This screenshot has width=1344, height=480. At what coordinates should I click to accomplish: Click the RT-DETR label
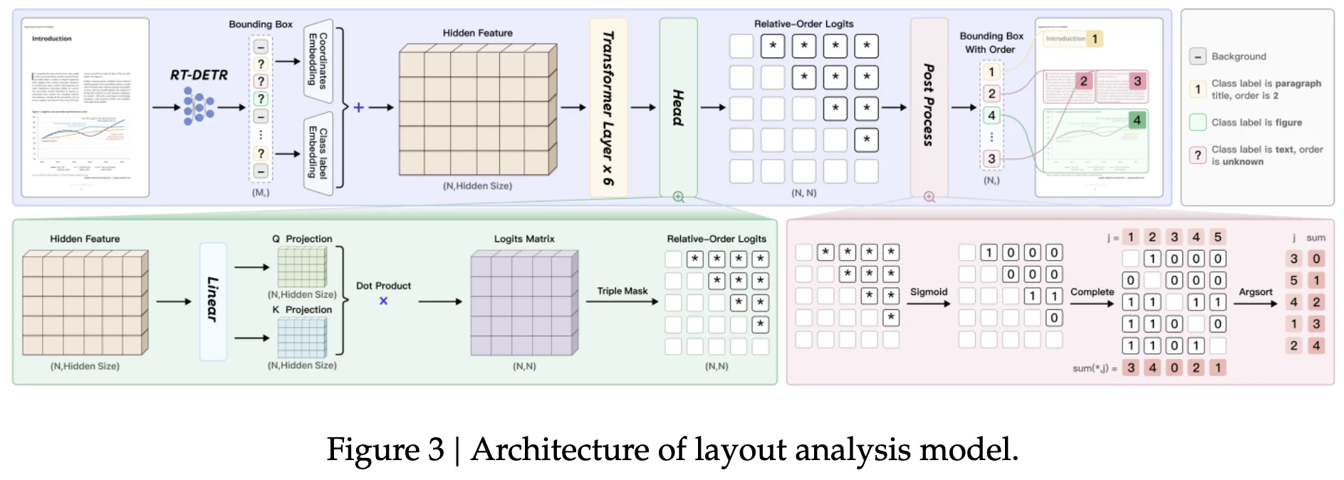[x=199, y=75]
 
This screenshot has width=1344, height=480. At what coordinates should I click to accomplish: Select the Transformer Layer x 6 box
[x=608, y=108]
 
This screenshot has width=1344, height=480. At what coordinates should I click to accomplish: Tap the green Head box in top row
[x=678, y=108]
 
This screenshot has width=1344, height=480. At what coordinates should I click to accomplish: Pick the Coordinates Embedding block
[x=318, y=61]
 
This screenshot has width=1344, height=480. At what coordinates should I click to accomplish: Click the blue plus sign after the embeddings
[x=358, y=108]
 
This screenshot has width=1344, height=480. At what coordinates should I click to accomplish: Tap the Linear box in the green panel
[x=213, y=301]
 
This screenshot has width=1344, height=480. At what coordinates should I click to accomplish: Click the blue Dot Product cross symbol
[x=383, y=301]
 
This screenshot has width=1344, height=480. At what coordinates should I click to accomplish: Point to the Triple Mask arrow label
[x=622, y=291]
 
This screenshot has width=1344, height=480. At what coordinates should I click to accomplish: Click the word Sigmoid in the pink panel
[x=928, y=292]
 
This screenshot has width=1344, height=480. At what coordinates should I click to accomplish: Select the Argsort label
[x=1255, y=292]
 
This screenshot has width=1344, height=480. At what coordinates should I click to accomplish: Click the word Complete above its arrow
[x=1091, y=292]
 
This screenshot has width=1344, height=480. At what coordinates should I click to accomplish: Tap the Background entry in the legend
[x=1239, y=56]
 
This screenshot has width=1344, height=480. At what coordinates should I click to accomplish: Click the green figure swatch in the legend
[x=1197, y=122]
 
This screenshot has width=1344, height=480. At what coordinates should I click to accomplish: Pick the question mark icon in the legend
[x=1197, y=155]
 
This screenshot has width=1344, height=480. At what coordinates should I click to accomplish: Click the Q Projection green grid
[x=302, y=267]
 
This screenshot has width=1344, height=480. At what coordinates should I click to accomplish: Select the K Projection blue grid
[x=302, y=338]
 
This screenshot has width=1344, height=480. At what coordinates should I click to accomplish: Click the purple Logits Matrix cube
[x=523, y=303]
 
